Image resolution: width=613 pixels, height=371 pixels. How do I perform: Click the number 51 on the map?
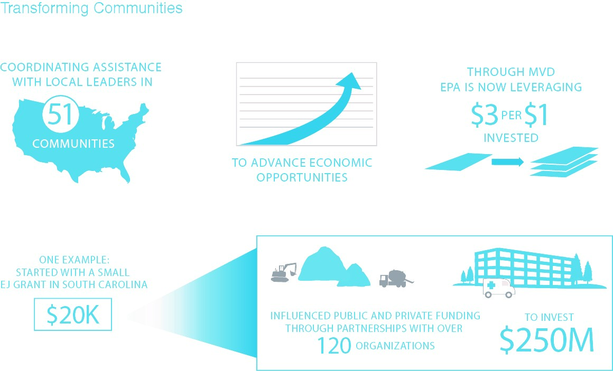(61, 115)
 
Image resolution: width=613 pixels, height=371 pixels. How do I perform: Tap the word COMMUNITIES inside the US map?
(73, 144)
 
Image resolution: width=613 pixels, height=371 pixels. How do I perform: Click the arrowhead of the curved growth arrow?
(349, 82)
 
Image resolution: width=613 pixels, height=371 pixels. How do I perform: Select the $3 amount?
(485, 116)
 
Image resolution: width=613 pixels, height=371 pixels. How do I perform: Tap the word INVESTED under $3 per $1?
(511, 138)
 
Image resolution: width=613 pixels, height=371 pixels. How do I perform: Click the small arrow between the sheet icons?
(507, 161)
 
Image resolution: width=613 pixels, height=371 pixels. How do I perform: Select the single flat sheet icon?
(458, 161)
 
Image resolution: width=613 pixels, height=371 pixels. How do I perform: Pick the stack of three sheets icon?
(564, 161)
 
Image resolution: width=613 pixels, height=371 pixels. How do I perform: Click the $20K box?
(73, 315)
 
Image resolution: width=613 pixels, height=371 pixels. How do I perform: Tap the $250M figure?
(547, 339)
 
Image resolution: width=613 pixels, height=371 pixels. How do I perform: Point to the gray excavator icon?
(284, 272)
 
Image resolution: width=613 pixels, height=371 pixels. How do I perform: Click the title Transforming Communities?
(91, 8)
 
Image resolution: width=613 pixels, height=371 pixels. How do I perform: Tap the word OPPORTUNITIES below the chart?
(302, 177)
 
